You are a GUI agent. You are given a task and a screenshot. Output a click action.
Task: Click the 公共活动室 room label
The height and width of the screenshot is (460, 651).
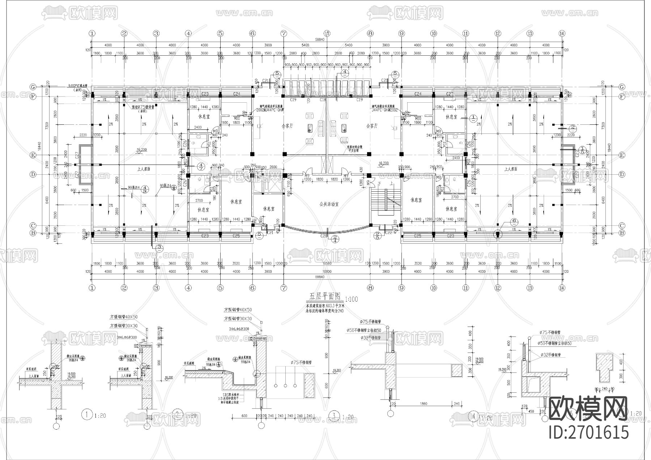click(x=326, y=204)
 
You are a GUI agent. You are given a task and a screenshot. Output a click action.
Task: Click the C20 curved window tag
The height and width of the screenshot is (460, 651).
click(x=323, y=236)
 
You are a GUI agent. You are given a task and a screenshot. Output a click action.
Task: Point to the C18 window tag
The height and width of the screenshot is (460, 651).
click(x=323, y=99)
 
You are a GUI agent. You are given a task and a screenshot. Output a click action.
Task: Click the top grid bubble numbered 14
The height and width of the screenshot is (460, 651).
click(x=562, y=33)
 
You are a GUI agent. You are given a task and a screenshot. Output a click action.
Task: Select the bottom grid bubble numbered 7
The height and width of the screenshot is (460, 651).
click(x=284, y=288)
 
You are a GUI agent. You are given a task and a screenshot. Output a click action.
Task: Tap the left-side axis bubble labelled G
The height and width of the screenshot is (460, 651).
click(x=33, y=87)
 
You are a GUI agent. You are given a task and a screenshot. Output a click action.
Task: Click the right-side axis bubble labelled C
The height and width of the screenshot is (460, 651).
click(x=622, y=225)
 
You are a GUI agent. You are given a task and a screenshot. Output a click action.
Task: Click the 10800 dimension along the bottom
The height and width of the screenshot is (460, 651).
click(x=327, y=272)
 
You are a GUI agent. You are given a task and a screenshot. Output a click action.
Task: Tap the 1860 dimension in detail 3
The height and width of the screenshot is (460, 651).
click(x=424, y=404)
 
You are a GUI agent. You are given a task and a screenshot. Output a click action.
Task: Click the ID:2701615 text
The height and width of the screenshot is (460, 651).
click(x=588, y=433)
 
